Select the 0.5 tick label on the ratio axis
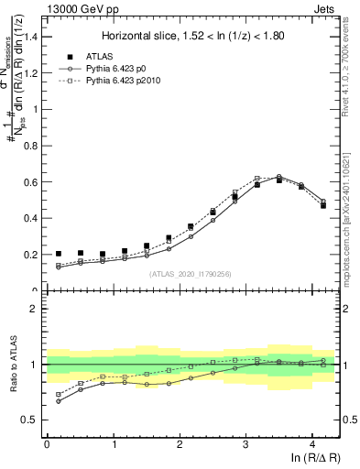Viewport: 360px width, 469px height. click(x=31, y=420)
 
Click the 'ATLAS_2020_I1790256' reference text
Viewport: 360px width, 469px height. click(x=190, y=274)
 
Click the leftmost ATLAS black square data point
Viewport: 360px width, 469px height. click(x=59, y=254)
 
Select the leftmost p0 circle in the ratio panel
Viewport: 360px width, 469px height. click(x=59, y=401)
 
